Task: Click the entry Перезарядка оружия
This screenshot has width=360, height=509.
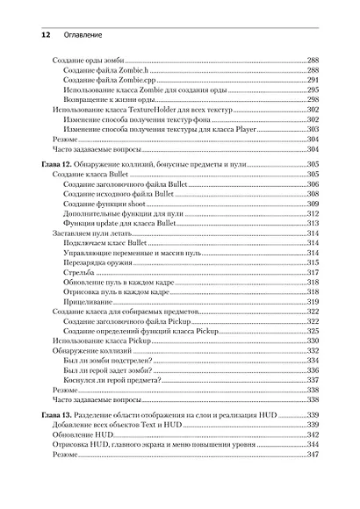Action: click(101, 263)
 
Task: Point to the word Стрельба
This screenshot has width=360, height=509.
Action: click(81, 273)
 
